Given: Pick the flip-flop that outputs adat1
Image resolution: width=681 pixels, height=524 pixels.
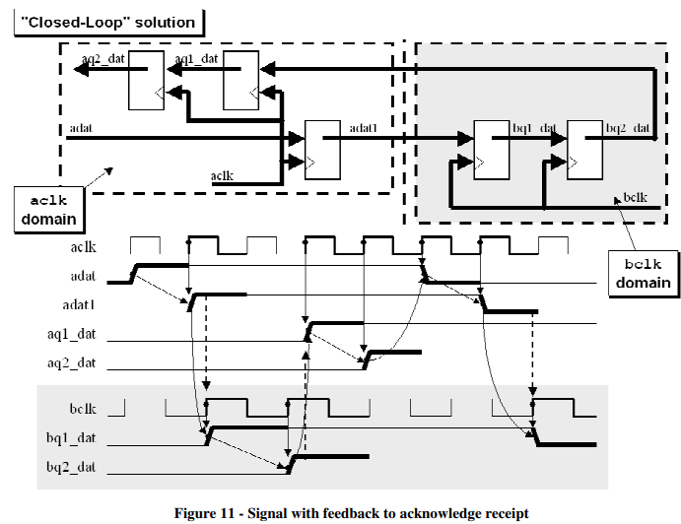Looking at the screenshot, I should [321, 149].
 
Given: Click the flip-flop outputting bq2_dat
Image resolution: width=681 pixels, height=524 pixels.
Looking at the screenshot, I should [585, 149].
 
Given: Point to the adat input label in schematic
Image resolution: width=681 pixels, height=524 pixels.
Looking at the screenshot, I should [82, 127].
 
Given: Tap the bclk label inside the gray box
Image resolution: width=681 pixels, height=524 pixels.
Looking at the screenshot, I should [635, 199].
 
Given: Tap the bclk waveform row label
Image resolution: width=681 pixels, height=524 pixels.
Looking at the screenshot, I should [83, 407].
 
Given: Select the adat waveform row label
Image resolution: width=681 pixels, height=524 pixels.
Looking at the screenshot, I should [83, 276].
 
